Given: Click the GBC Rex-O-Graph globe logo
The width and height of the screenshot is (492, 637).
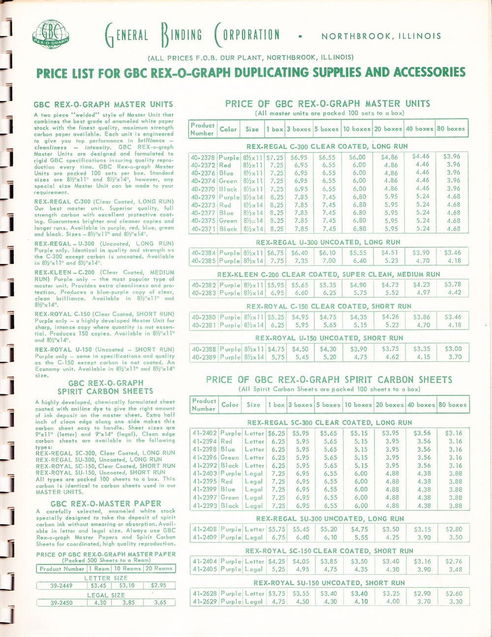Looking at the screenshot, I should click(x=51, y=35).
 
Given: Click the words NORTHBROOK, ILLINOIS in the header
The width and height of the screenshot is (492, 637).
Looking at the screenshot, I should click(x=381, y=36).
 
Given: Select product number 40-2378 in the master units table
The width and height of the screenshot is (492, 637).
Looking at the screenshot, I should click(x=203, y=157).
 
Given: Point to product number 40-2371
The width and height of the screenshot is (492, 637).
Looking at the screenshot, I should click(x=203, y=229).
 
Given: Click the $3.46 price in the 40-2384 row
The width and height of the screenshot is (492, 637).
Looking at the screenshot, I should click(x=452, y=253).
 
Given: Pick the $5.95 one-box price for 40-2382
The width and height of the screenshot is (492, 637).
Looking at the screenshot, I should click(x=276, y=285).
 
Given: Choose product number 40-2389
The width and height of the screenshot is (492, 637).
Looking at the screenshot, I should click(x=203, y=357).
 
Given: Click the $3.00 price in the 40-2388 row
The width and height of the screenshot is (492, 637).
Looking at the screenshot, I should click(x=452, y=349).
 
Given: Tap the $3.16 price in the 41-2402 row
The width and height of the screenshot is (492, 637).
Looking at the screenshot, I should click(x=453, y=433).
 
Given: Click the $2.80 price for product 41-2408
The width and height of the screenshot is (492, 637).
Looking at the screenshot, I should click(x=453, y=530).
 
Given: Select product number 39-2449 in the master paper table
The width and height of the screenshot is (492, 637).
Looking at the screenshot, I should click(x=61, y=586).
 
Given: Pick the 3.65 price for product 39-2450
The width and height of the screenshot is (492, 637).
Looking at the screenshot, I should click(x=160, y=602).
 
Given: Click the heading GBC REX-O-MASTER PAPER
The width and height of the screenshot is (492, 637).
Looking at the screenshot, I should click(x=106, y=503).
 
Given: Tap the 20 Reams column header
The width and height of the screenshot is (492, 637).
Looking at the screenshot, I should click(x=158, y=569).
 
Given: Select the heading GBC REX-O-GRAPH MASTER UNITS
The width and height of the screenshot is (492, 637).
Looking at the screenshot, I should click(x=103, y=104).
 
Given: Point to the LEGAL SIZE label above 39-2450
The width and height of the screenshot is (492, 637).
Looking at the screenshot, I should click(x=106, y=595).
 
